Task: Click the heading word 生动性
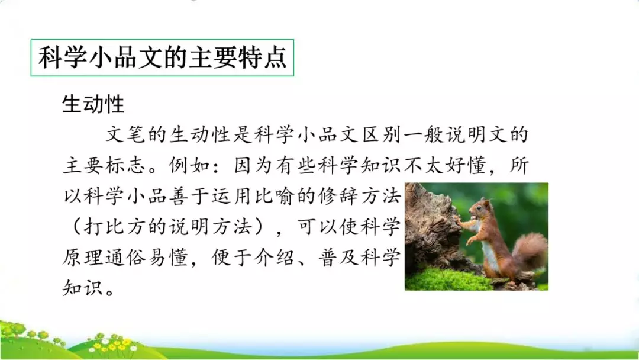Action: (93, 105)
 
